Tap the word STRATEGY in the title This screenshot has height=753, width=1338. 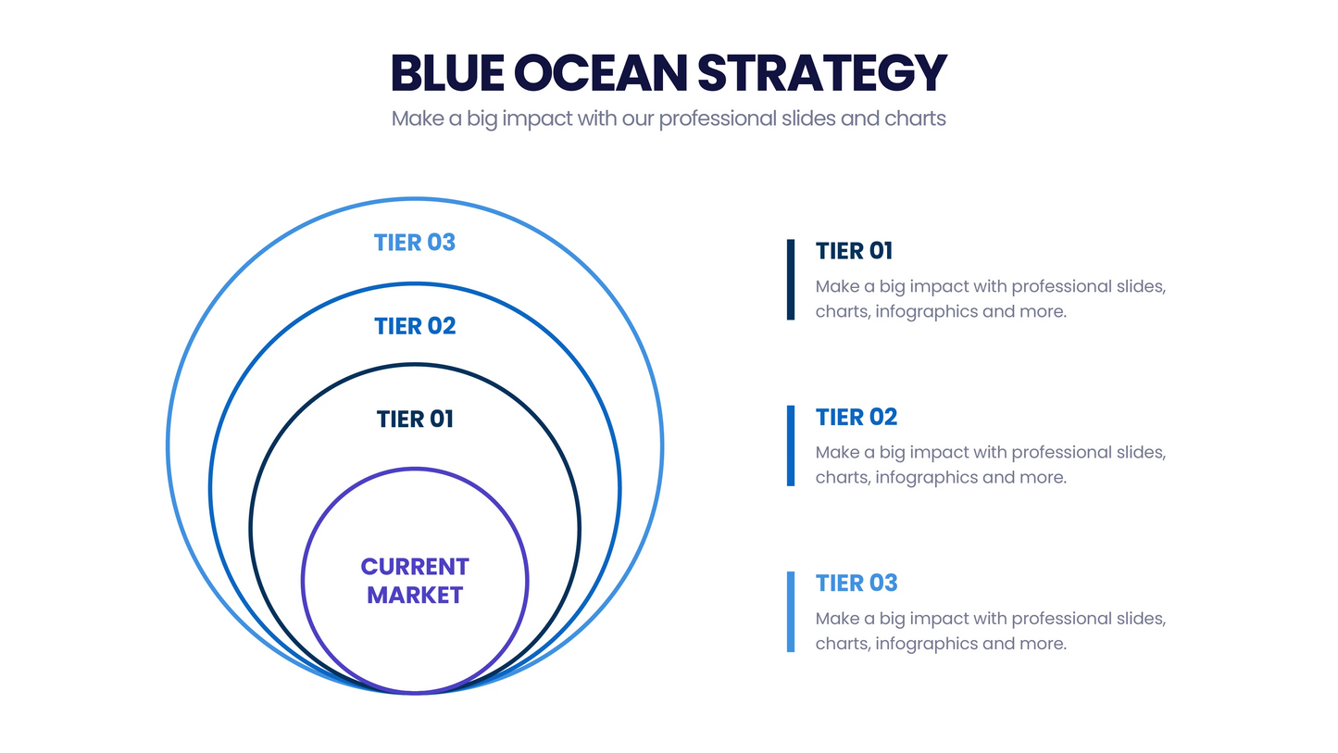pyautogui.click(x=822, y=73)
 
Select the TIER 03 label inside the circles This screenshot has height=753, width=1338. pyautogui.click(x=415, y=243)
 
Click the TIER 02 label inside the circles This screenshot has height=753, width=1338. pyautogui.click(x=415, y=326)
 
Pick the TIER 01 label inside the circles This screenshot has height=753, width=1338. pyautogui.click(x=415, y=420)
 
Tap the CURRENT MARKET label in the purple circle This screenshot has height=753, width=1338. pyautogui.click(x=415, y=581)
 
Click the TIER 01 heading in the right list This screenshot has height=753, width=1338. pyautogui.click(x=854, y=251)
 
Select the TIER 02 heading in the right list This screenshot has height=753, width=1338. pyautogui.click(x=857, y=417)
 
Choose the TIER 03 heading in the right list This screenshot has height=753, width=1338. pyautogui.click(x=857, y=583)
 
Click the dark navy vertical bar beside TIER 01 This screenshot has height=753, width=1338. pyautogui.click(x=791, y=280)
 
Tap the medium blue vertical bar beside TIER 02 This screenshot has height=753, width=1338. pyautogui.click(x=791, y=446)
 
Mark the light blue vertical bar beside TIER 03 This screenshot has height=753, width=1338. pyautogui.click(x=791, y=611)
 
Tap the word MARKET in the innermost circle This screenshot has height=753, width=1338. pyautogui.click(x=415, y=596)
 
